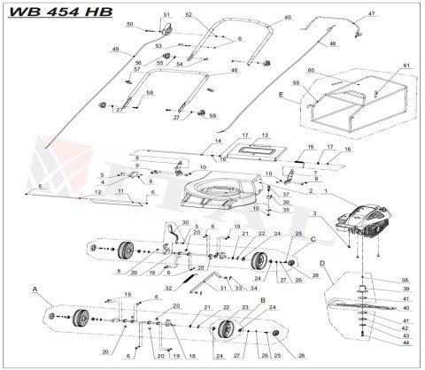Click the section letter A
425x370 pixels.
pyautogui.click(x=35, y=289)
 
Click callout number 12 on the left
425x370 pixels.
pyautogui.click(x=96, y=192)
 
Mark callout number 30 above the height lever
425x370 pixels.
pyautogui.click(x=185, y=223)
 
